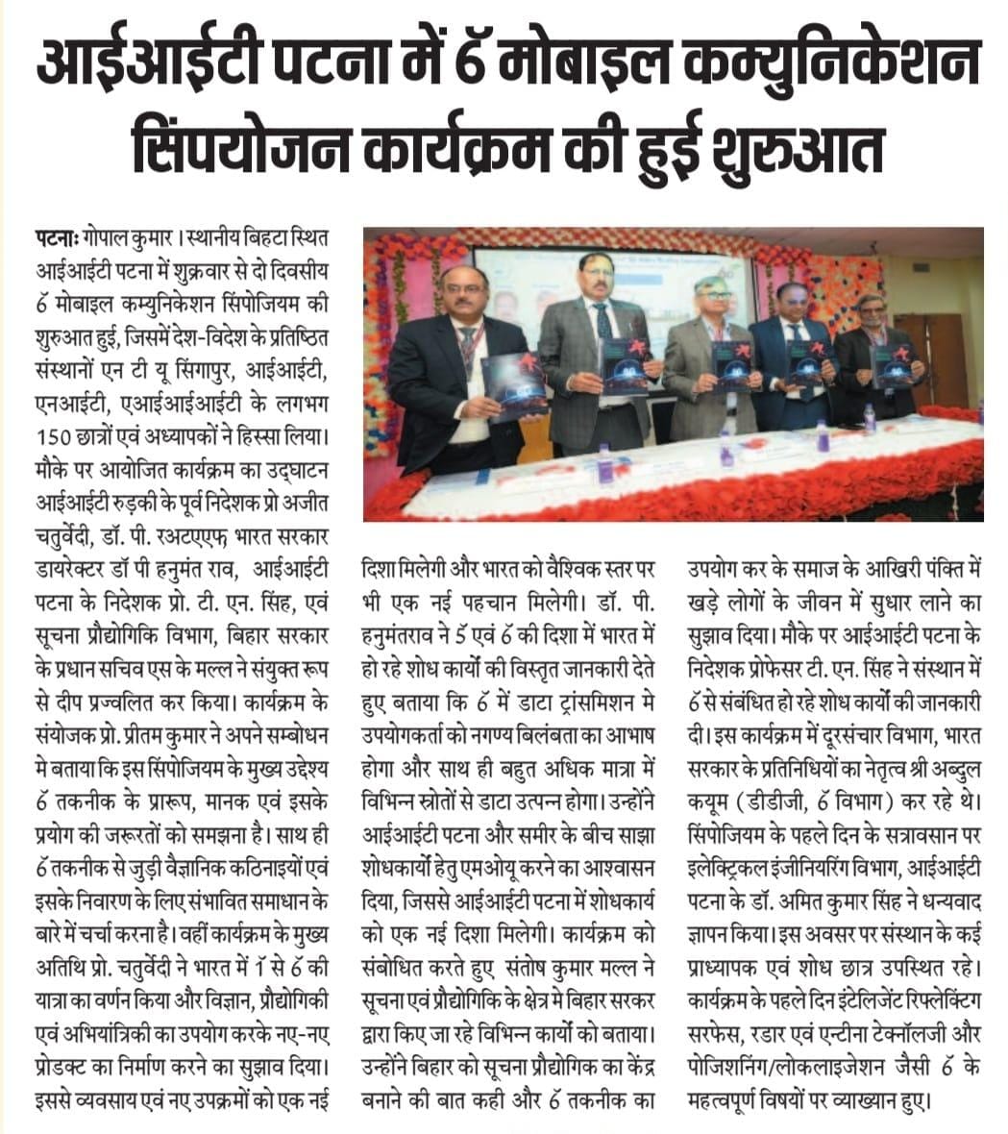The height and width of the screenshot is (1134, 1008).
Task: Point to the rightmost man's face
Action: (871, 311)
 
